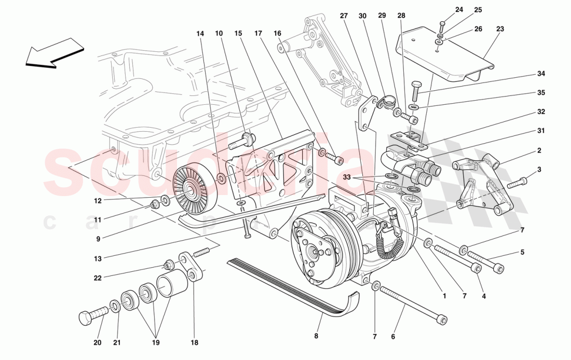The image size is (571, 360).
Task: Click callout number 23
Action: click(x=500, y=30)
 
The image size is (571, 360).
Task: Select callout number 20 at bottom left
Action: click(x=98, y=343)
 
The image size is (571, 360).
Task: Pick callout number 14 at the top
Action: click(x=200, y=34)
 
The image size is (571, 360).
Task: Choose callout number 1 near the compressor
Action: click(x=444, y=297)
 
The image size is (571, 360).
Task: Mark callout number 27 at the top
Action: click(x=343, y=16)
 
